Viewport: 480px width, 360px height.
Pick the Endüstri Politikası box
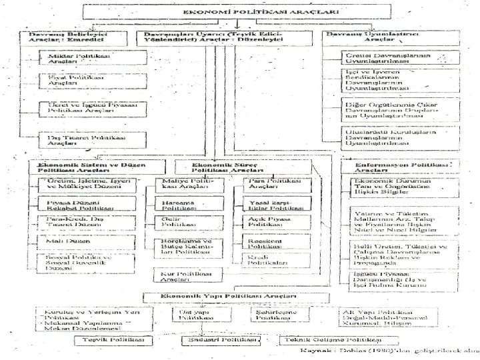[x=220, y=340]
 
